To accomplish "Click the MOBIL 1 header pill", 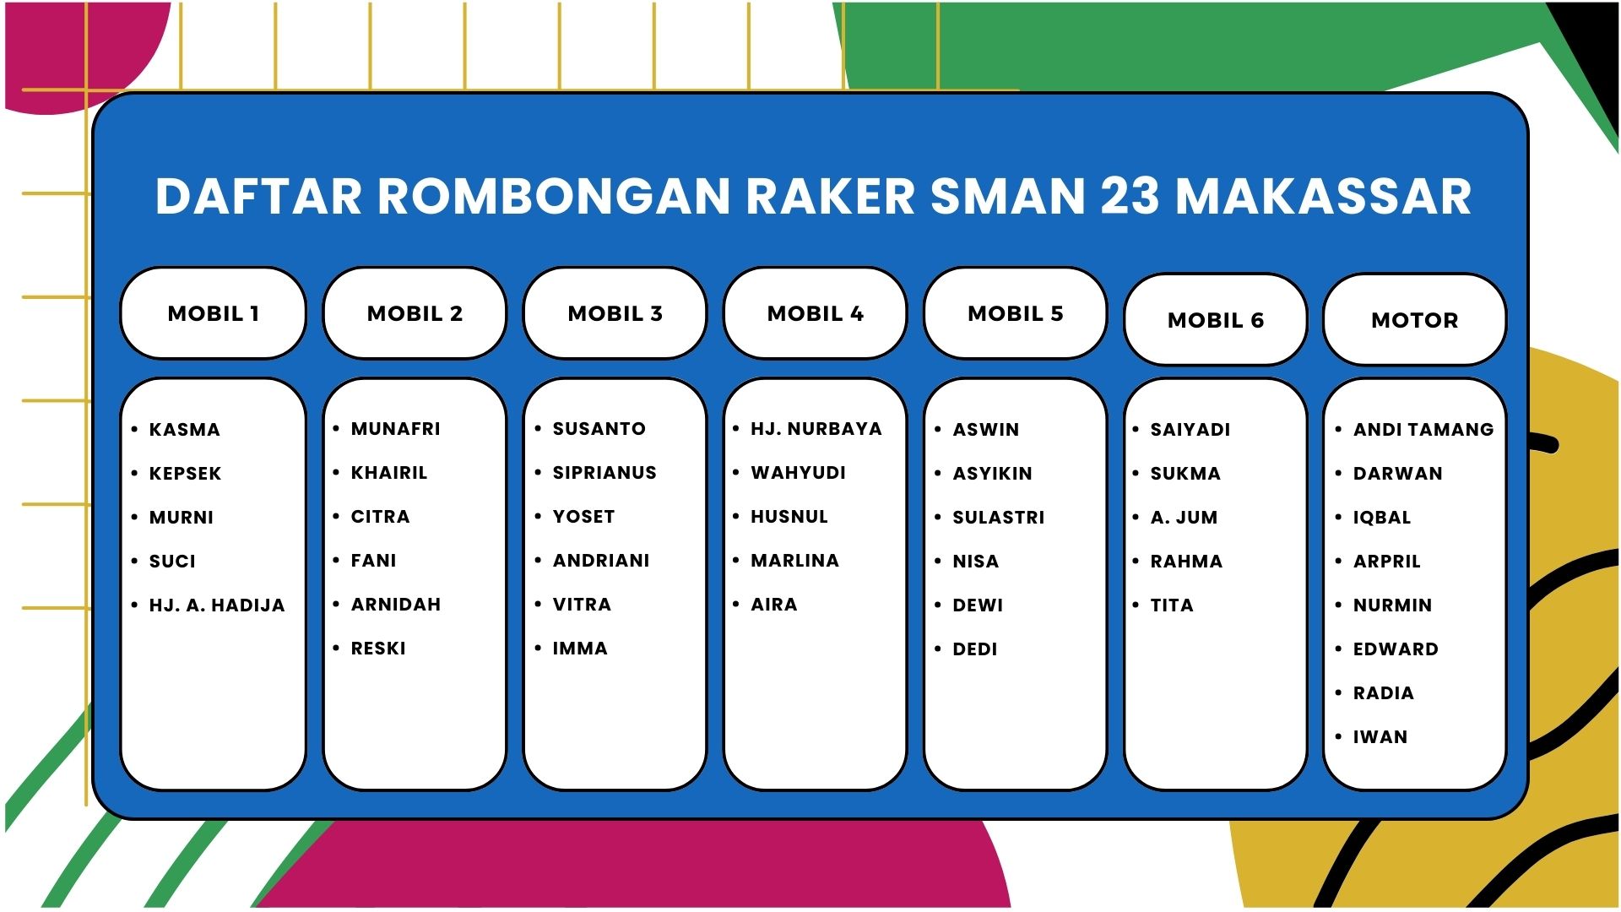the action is pos(213,313).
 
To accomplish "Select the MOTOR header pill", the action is pos(1415,320).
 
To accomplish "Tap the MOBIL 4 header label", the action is pos(816,313).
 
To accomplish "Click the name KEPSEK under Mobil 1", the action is pos(185,473).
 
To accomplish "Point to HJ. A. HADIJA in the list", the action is pos(217,605).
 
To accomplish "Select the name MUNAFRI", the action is pos(396,429).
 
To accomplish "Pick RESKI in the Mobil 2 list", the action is pos(378,649).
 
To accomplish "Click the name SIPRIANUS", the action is pos(604,473).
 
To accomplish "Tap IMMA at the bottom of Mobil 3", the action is pos(580,649).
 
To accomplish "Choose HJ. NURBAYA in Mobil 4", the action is pos(816,429).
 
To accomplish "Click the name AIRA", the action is pos(774,605).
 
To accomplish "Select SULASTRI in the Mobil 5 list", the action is pos(999,517).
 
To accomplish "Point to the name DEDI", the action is pos(975,649).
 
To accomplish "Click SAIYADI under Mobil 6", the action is pos(1190,429).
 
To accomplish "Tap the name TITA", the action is pos(1172,605).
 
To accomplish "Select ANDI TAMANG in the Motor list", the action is pos(1423,429).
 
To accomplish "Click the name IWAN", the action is pos(1380,736).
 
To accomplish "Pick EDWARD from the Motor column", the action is pos(1396,649).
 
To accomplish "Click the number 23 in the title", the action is pos(1130,196).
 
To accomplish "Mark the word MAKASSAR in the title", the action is pos(1324,196).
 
